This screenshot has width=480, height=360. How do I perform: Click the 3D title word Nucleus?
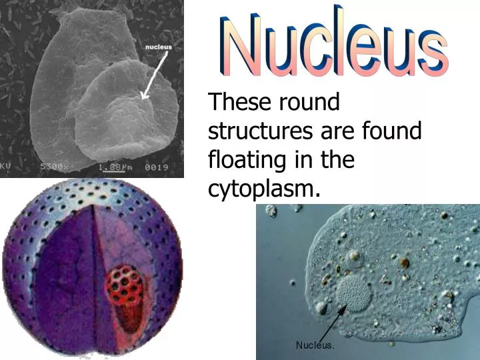(331, 44)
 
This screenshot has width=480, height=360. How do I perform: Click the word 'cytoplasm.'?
(260, 190)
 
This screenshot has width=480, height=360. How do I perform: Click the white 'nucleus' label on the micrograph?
(158, 47)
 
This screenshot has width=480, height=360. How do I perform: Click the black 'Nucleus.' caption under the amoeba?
(315, 345)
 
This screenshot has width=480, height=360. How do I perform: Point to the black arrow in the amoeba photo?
(329, 324)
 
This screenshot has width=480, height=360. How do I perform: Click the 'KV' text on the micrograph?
(5, 167)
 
